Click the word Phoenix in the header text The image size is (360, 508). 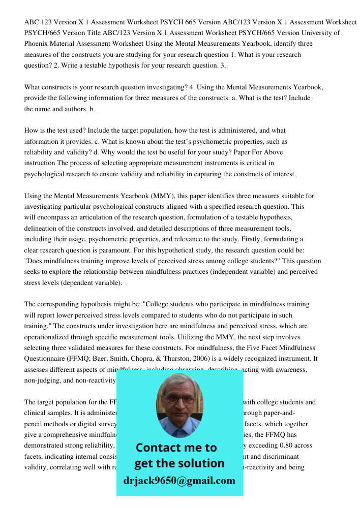pos(36,43)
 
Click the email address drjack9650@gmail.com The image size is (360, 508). pos(179,481)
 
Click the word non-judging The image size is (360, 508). pos(45,380)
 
